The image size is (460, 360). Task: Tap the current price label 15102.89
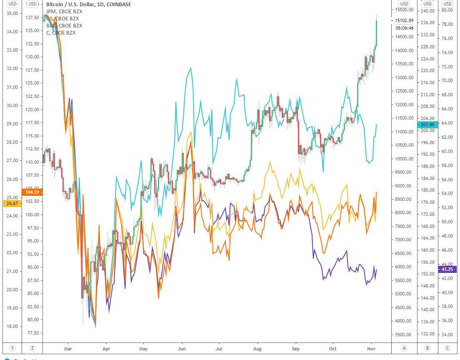pyautogui.click(x=404, y=20)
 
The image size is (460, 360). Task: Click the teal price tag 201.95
pyautogui.click(x=427, y=125)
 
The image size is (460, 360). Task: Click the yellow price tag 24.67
pyautogui.click(x=11, y=203)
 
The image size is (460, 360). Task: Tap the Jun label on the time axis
pyautogui.click(x=182, y=348)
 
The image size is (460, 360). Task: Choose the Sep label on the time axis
pyautogui.click(x=296, y=348)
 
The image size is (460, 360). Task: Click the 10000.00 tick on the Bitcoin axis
pyautogui.click(x=404, y=159)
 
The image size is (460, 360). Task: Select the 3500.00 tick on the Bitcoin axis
pyautogui.click(x=404, y=335)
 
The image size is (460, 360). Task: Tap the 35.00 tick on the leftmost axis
pyautogui.click(x=12, y=13)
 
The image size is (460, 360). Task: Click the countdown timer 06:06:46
pyautogui.click(x=404, y=28)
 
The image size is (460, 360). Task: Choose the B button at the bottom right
pyautogui.click(x=427, y=348)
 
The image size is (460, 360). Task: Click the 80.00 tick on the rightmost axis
pyautogui.click(x=447, y=10)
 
